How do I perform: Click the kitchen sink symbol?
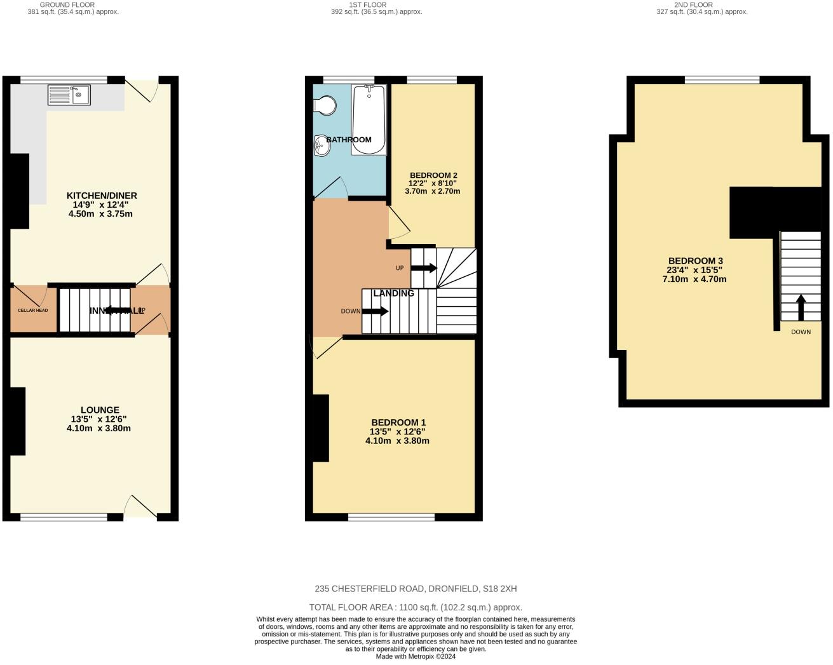coord(69,95)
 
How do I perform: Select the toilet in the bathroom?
coord(325,105)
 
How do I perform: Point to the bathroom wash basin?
coord(322,145)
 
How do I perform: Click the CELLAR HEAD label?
coord(32,311)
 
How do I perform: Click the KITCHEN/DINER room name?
coord(102,196)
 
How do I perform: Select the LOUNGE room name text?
coord(100,410)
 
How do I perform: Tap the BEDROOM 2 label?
coord(433,175)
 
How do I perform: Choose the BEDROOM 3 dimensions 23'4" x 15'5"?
coord(695,270)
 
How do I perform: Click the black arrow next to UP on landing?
coord(424,268)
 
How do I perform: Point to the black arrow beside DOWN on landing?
coord(375,311)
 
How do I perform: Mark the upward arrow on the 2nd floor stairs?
coord(801,307)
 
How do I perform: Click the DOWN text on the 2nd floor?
coord(801,332)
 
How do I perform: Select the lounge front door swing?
coord(140,506)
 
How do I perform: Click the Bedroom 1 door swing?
coord(325,347)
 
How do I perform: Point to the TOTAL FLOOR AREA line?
coord(416,607)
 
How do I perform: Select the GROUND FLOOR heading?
coord(67,4)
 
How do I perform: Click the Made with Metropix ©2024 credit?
coord(416,657)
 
